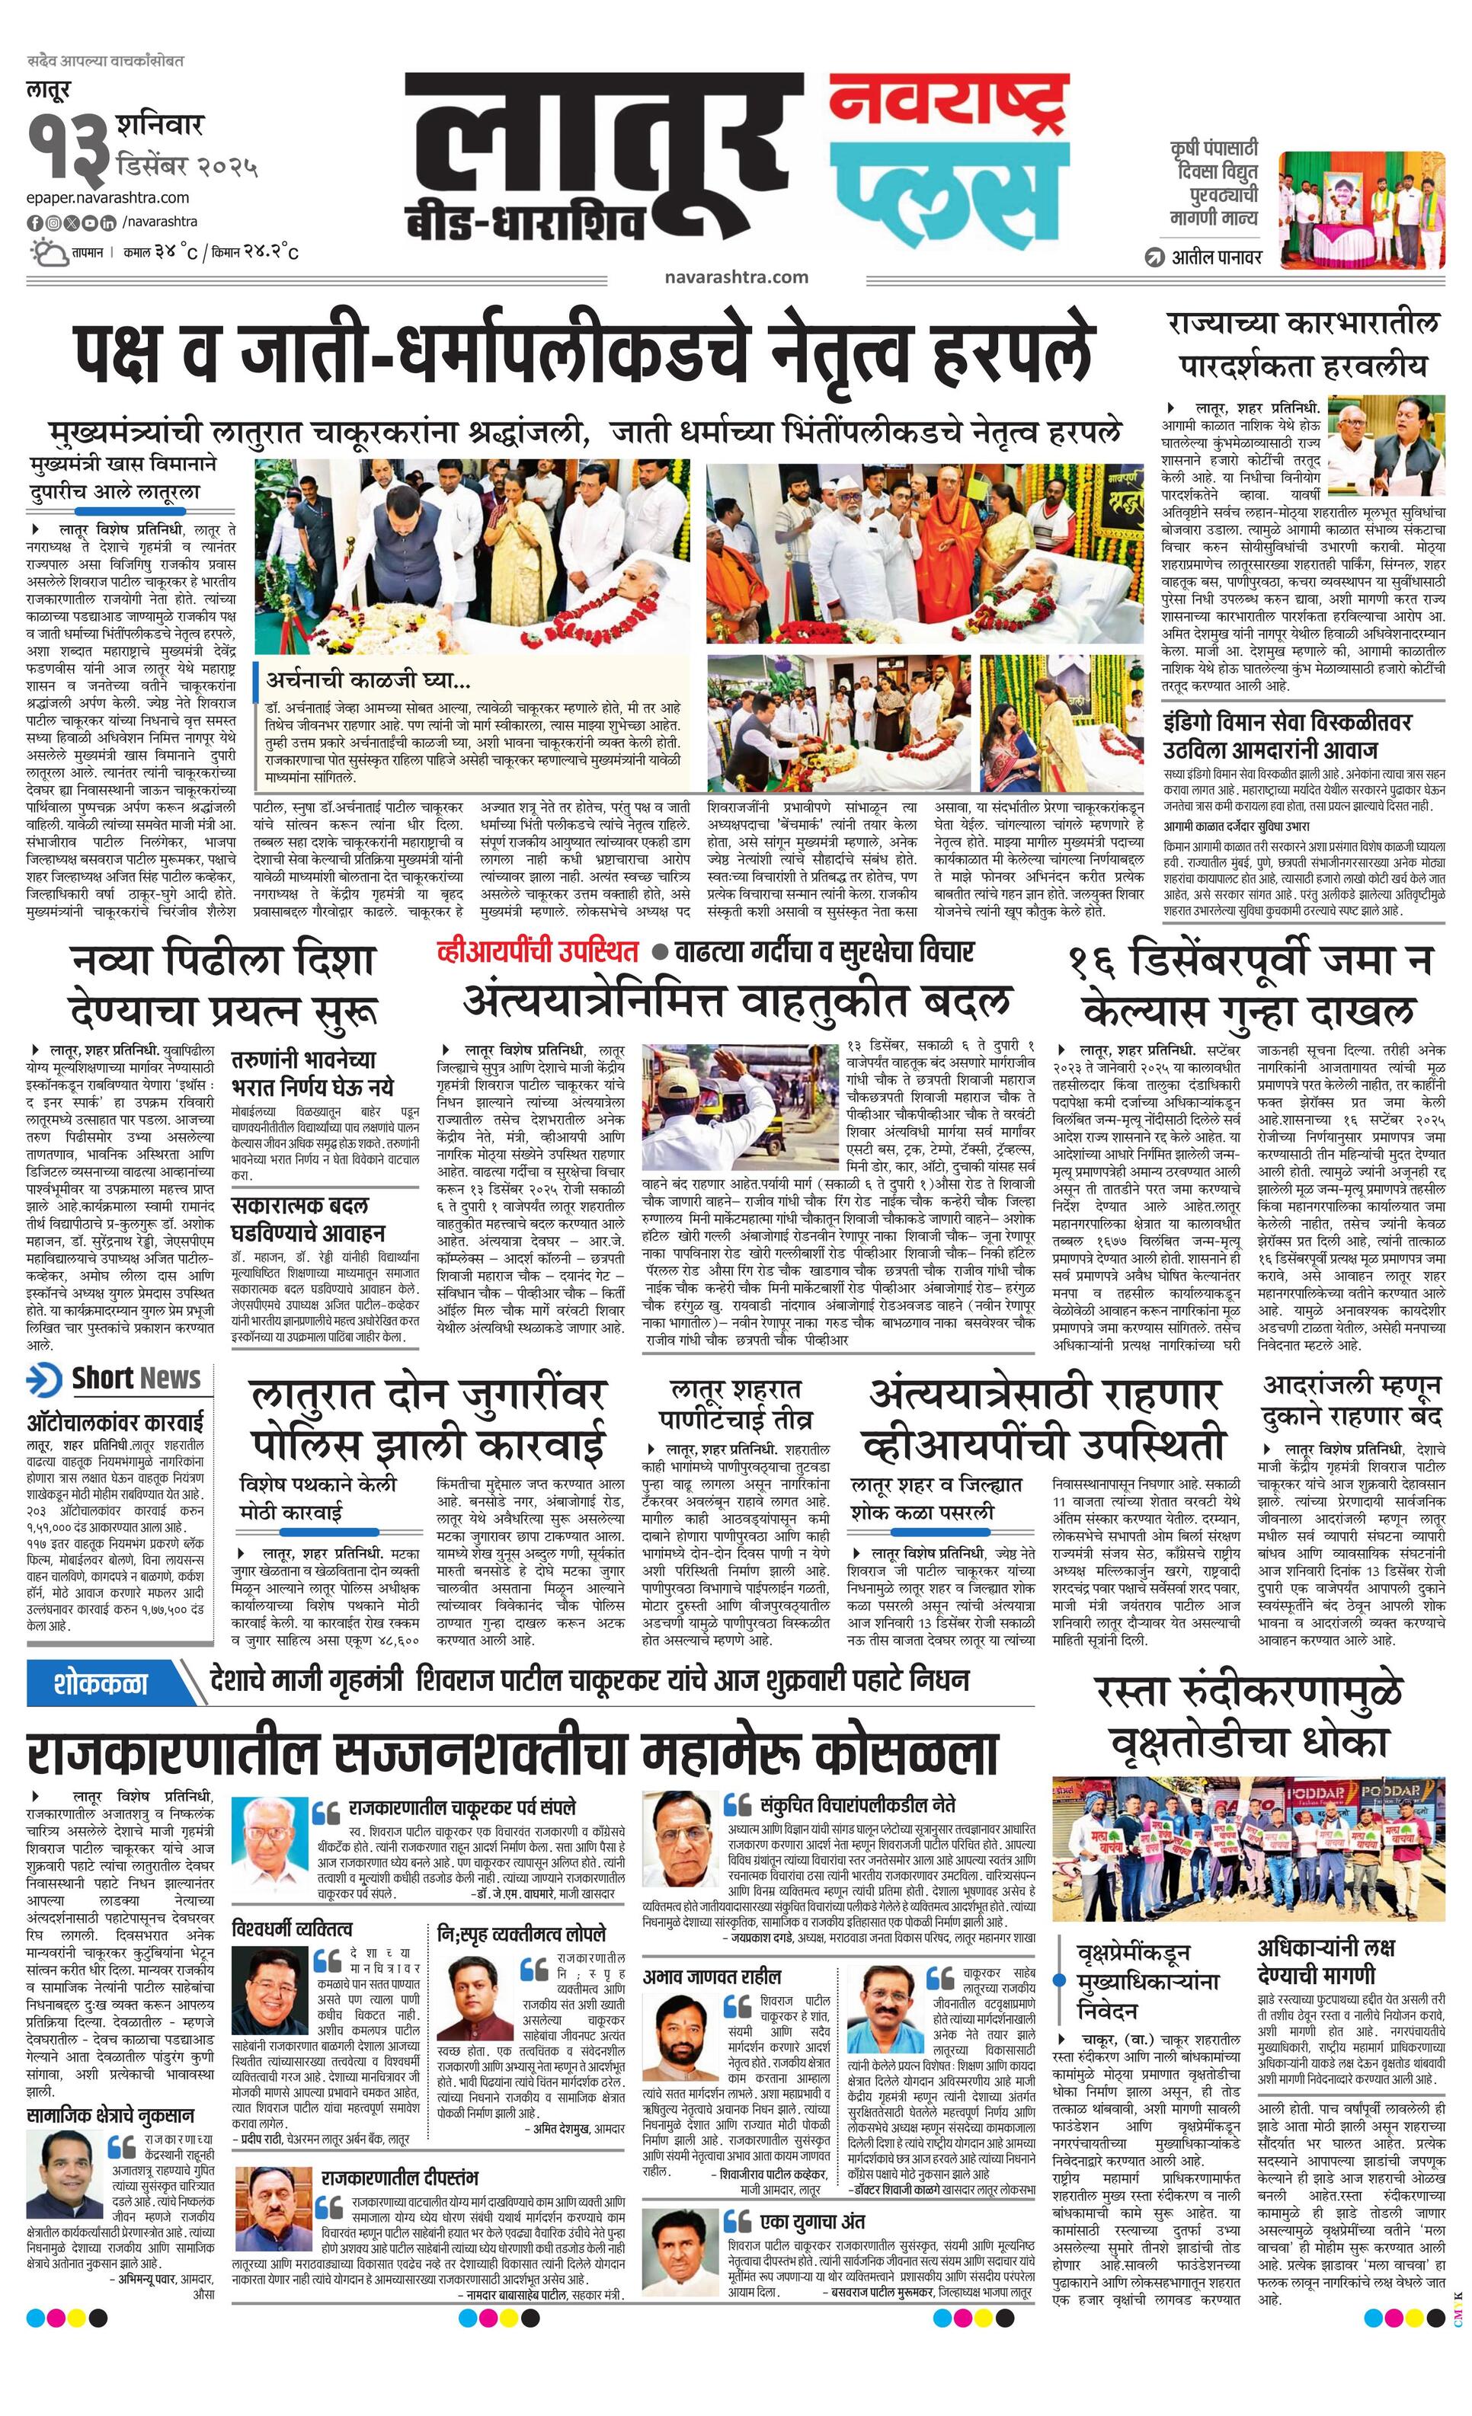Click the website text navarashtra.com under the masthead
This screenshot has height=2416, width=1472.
click(x=735, y=277)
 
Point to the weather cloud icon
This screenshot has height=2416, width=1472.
click(x=46, y=252)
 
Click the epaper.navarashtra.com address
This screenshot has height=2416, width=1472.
click(x=108, y=198)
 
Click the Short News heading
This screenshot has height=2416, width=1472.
click(x=136, y=1379)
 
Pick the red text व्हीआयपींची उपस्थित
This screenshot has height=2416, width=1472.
click(x=539, y=951)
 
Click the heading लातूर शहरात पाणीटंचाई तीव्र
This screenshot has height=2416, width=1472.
click(x=734, y=1404)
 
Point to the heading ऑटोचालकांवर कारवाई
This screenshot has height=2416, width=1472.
click(x=116, y=1421)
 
